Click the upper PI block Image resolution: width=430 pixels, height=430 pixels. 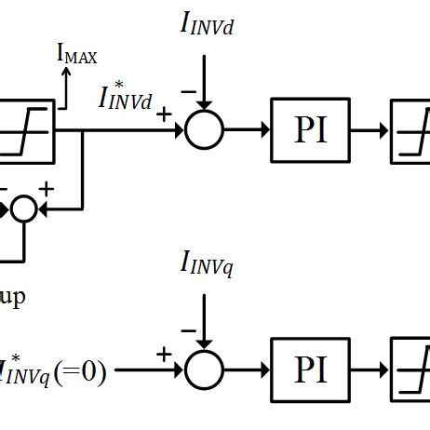point(311,131)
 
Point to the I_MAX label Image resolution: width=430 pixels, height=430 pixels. point(77,57)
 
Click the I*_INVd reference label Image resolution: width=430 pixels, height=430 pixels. point(126,97)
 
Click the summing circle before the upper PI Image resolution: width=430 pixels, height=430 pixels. point(204,131)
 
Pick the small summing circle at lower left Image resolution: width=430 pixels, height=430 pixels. point(22,209)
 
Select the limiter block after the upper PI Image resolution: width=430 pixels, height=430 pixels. point(410,131)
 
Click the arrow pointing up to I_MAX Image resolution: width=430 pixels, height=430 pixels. point(65,86)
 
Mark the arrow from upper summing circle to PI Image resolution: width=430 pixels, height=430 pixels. point(247,131)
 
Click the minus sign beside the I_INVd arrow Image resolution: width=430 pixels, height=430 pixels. point(190,90)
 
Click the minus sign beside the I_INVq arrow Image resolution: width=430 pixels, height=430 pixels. point(190,330)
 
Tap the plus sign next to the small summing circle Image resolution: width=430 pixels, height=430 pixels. point(44,190)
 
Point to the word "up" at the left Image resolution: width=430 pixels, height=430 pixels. point(12,298)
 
